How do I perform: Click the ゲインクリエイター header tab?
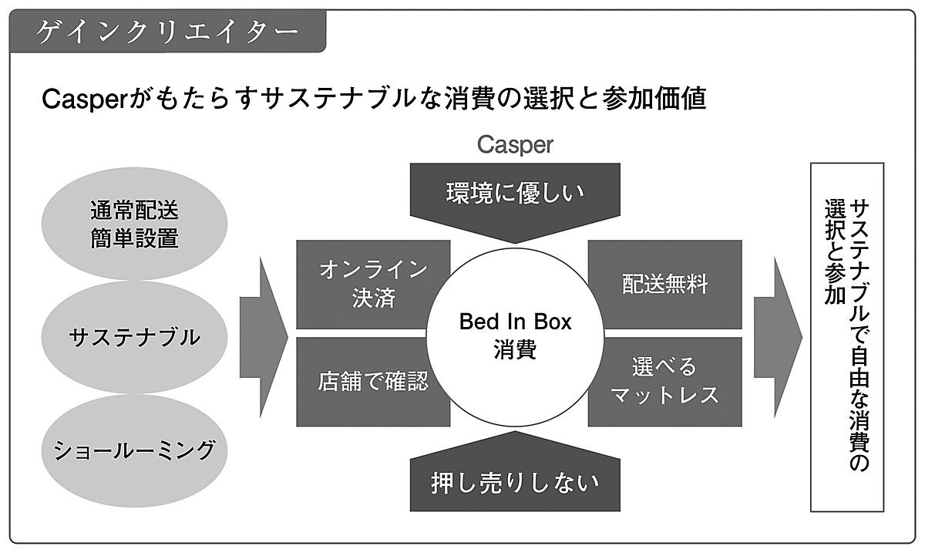pos(166,31)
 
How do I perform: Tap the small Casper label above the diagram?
pos(514,144)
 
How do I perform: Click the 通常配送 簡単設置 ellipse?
pos(134,224)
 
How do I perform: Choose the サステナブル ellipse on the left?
pos(134,337)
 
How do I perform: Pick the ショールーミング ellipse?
pos(134,450)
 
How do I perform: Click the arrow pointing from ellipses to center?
pos(263,336)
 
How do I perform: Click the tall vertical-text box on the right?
pos(846,336)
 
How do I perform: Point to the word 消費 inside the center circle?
pos(514,349)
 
